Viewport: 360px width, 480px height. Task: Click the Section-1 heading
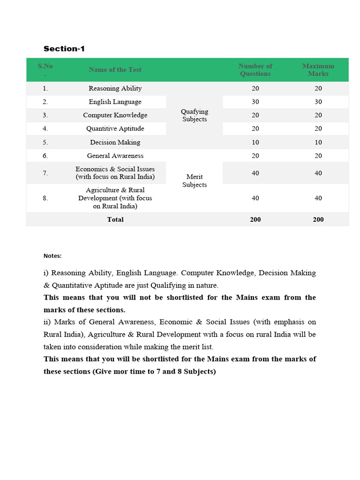coord(64,49)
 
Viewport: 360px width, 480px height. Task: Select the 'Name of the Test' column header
coord(115,70)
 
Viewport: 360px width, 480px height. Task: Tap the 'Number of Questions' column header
coord(255,70)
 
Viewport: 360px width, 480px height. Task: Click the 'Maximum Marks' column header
coord(318,70)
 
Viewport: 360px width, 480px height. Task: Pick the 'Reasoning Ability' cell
coord(115,88)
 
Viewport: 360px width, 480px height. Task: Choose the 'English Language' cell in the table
coord(115,102)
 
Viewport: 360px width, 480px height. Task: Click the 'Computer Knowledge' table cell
coord(115,115)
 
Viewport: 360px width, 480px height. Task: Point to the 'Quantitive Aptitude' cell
coord(115,128)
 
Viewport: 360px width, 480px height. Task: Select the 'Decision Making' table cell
coord(115,142)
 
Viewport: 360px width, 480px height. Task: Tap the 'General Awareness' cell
coord(115,156)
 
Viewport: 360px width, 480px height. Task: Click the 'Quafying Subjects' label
coord(195,115)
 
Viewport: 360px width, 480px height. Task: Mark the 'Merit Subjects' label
coord(195,181)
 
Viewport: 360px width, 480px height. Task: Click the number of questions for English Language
coord(255,102)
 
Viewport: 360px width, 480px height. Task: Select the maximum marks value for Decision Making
coord(318,142)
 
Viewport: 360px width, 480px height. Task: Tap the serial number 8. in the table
coord(45,198)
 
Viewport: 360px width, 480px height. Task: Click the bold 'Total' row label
coord(115,219)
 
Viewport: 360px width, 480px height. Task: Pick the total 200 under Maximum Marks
coord(318,219)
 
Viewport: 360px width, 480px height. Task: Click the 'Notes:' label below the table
coord(52,256)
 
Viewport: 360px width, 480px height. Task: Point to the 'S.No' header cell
coord(45,69)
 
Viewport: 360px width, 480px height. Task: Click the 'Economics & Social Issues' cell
coord(115,173)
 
